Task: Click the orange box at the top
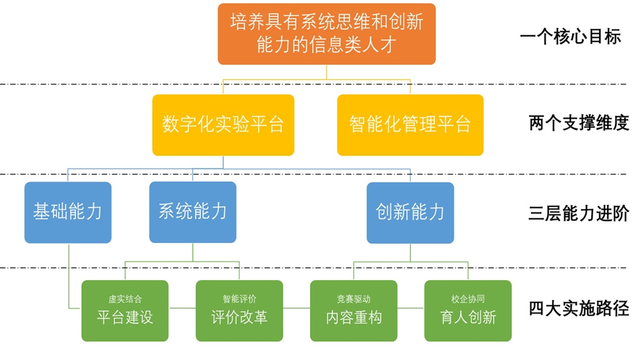coord(326,34)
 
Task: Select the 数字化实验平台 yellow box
coord(223,125)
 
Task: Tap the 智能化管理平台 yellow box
coord(410,125)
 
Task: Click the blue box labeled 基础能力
coord(68,212)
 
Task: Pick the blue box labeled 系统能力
coord(193,212)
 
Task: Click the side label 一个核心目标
coord(570,36)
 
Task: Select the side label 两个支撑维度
coord(579,123)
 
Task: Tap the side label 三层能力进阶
coord(579,213)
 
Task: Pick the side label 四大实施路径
coord(579,308)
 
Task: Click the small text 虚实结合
coord(125,299)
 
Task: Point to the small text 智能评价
coord(239,299)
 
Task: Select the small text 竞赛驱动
coord(354,299)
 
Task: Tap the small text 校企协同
coord(468,299)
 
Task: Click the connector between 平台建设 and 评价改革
coord(182,308)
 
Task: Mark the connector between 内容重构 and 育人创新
coord(411,308)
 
